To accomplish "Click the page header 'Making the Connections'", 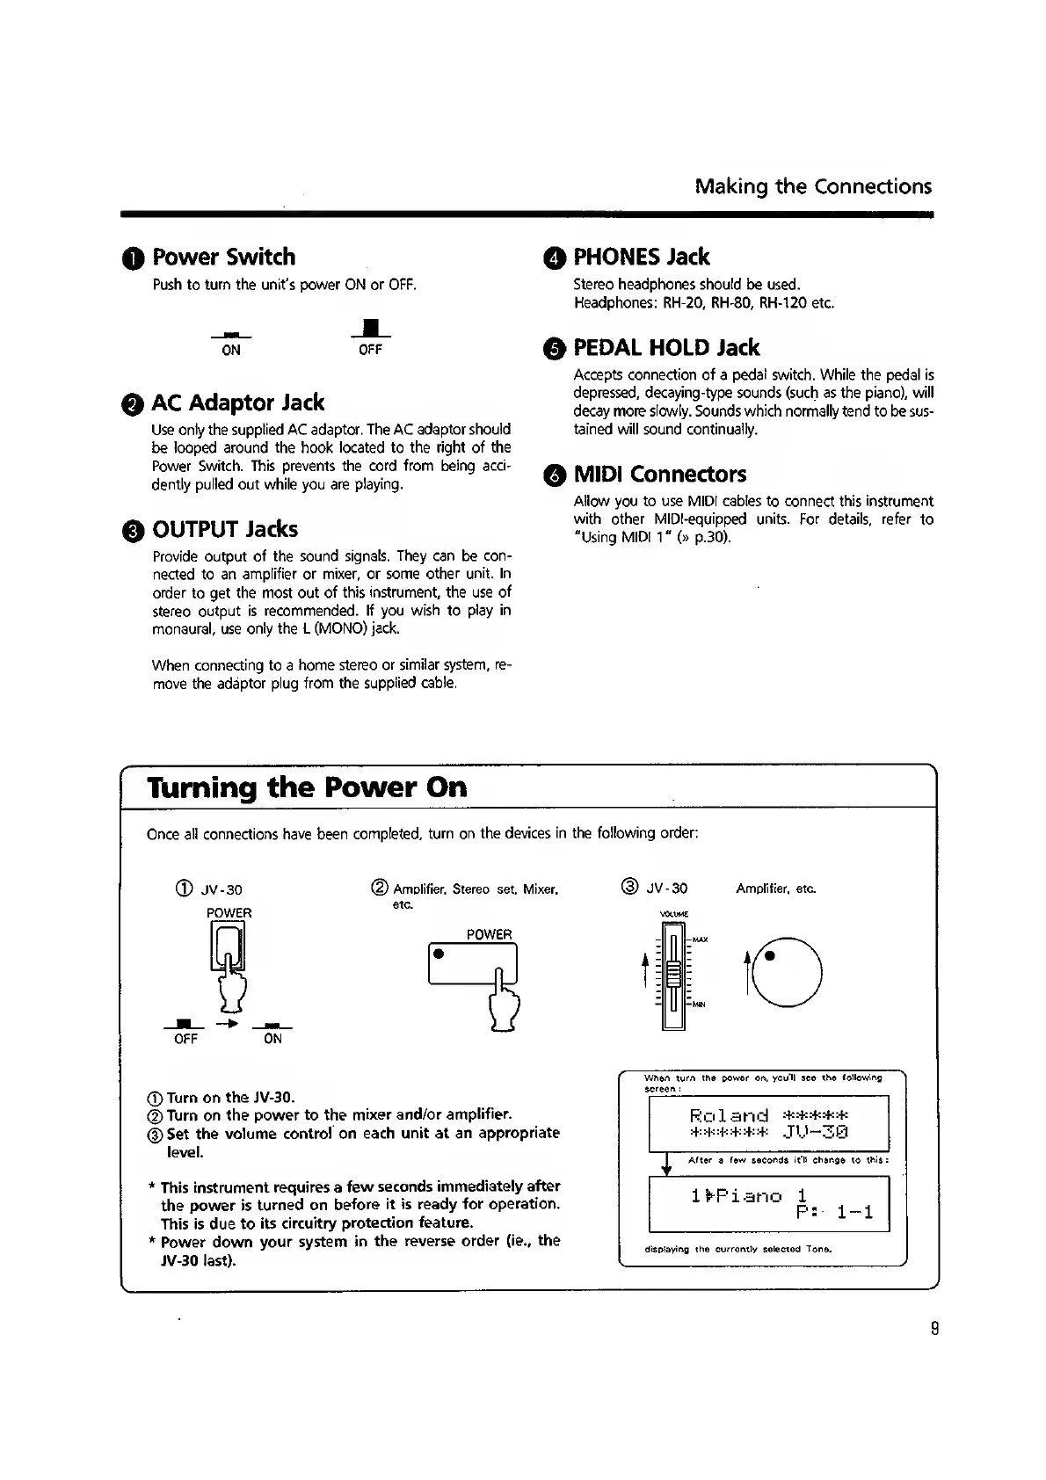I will pyautogui.click(x=812, y=186).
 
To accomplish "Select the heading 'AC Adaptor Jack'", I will pyautogui.click(x=237, y=403).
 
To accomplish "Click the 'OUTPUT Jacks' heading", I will pyautogui.click(x=224, y=529).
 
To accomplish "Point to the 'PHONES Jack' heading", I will pyautogui.click(x=641, y=257).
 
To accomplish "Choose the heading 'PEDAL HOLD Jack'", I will pyautogui.click(x=666, y=347).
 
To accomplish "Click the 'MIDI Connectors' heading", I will pyautogui.click(x=659, y=475).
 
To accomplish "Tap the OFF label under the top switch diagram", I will pyautogui.click(x=370, y=350).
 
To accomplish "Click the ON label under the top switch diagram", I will pyautogui.click(x=231, y=350).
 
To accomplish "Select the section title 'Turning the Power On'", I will pyautogui.click(x=307, y=787).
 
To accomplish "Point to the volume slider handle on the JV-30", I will pyautogui.click(x=674, y=974).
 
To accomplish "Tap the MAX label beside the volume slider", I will pyautogui.click(x=701, y=940).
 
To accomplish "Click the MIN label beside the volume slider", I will pyautogui.click(x=701, y=1005).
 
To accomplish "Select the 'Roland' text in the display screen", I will pyautogui.click(x=730, y=1116).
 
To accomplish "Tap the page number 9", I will pyautogui.click(x=935, y=1329).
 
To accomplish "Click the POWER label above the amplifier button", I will pyautogui.click(x=489, y=934).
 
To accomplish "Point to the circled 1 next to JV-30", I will pyautogui.click(x=186, y=889).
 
